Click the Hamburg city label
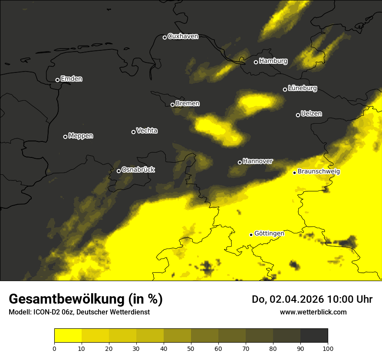[x=273, y=61]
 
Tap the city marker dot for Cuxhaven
[x=165, y=37]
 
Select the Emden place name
[x=71, y=79]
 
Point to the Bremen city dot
[x=172, y=105]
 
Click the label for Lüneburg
[x=302, y=88]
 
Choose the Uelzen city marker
[x=298, y=115]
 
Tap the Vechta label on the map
[x=147, y=131]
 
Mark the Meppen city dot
[x=65, y=137]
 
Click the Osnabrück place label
[x=138, y=170]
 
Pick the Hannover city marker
[x=240, y=162]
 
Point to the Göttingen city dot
[x=251, y=235]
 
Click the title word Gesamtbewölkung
[x=67, y=299]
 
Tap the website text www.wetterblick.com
[x=313, y=312]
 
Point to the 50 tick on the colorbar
[x=191, y=348]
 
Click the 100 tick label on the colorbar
[x=328, y=348]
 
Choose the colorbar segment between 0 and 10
[x=68, y=336]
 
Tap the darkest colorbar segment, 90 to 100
[x=314, y=336]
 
